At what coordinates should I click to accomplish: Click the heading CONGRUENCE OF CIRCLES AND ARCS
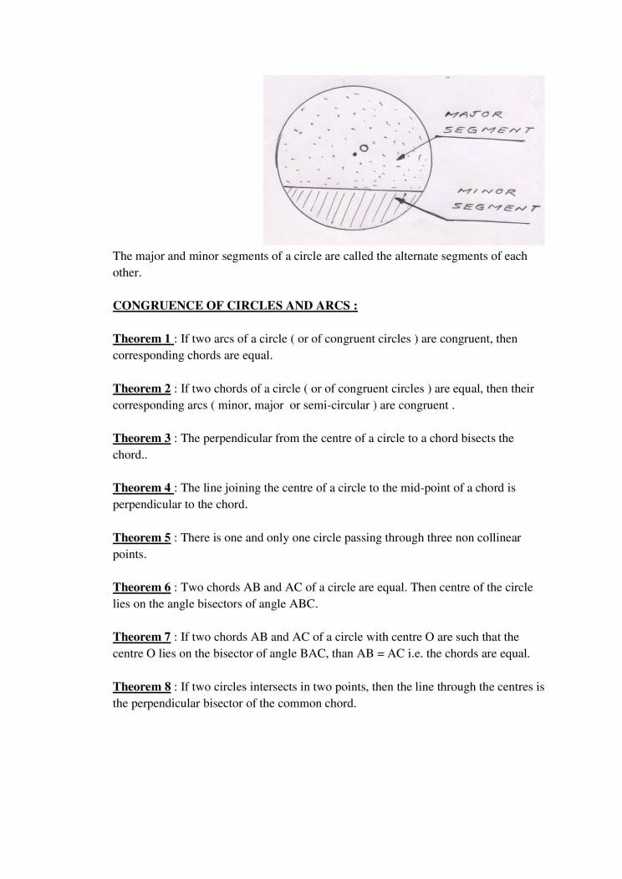coord(235,306)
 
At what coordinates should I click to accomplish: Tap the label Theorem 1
coord(142,339)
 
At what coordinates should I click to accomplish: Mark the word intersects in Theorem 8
coord(267,687)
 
